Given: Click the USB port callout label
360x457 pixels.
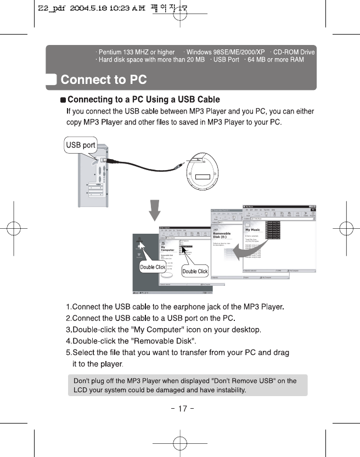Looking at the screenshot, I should [81, 145].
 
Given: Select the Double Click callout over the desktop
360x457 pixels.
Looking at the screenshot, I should [153, 267].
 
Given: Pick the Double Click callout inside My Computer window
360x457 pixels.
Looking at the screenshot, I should [195, 271].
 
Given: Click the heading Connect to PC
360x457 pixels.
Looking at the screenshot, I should [103, 80].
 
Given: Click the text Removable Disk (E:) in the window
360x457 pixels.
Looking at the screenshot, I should [222, 236].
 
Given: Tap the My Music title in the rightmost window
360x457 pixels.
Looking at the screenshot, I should [253, 230].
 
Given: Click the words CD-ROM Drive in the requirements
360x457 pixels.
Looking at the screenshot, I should [294, 52].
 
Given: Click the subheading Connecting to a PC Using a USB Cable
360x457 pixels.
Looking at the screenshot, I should [143, 99].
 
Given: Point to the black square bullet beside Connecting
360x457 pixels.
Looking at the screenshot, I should [63, 100].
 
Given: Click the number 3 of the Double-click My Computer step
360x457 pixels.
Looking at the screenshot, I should [68, 329].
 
